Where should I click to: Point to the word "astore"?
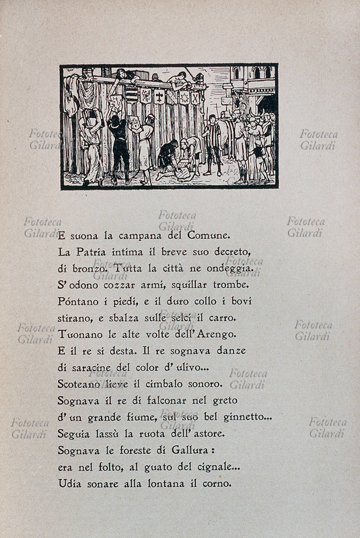206,433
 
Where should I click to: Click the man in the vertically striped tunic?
213,145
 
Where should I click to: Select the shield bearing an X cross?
195,98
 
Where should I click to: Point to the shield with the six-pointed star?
182,98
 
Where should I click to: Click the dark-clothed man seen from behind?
119,148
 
